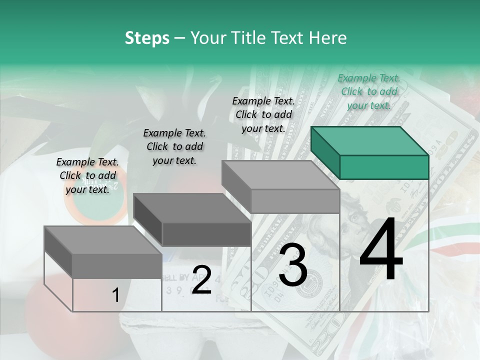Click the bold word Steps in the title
coord(147,38)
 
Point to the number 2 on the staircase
coord(201,280)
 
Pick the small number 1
coord(115,295)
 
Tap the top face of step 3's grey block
coord(280,175)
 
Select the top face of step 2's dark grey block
coord(192,208)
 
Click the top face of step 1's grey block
coord(103,240)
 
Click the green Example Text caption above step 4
coord(369,91)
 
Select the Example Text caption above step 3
coord(263,114)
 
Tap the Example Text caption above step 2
coord(174,146)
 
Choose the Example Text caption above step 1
coord(87,175)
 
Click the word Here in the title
coord(329,38)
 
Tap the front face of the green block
coord(384,167)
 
